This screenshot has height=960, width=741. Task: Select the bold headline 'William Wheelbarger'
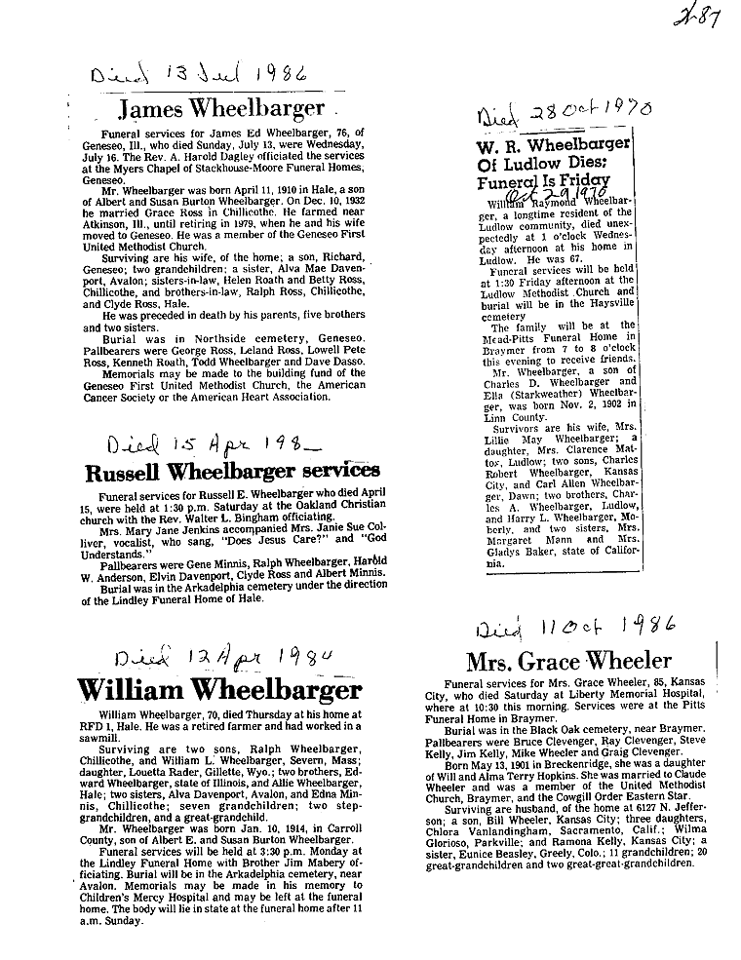[x=219, y=690]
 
